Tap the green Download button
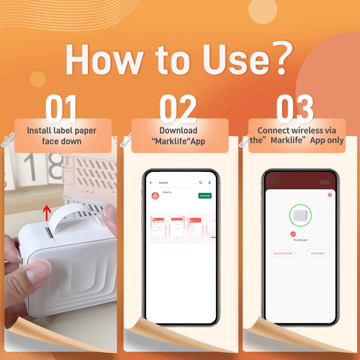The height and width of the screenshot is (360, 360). tap(205, 195)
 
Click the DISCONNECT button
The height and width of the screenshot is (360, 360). tap(318, 253)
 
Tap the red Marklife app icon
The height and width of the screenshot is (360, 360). tap(155, 196)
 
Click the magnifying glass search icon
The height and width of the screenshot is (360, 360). tap(201, 183)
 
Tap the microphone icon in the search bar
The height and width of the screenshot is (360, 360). tap(210, 183)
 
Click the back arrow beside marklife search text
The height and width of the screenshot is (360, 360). tap(151, 183)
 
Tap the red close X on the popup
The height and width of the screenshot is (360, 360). tap(329, 195)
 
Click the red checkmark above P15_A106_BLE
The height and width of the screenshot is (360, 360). tap(293, 234)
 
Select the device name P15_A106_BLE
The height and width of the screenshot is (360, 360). tap(300, 240)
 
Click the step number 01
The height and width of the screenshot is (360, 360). tap(61, 108)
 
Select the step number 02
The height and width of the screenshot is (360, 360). tap(178, 108)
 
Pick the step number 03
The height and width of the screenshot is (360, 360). tap(295, 108)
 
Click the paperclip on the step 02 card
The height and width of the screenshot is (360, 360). tap(126, 140)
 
